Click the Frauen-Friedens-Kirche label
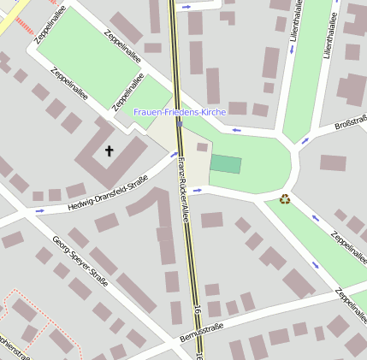179,112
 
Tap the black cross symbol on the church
109,151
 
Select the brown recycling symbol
285,199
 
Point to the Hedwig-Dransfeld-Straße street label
109,192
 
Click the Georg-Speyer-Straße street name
80,260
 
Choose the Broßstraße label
351,124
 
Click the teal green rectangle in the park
226,164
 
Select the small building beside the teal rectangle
202,147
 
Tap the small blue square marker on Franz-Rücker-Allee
180,124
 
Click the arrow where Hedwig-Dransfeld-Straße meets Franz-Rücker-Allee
174,156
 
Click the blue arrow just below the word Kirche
236,131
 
